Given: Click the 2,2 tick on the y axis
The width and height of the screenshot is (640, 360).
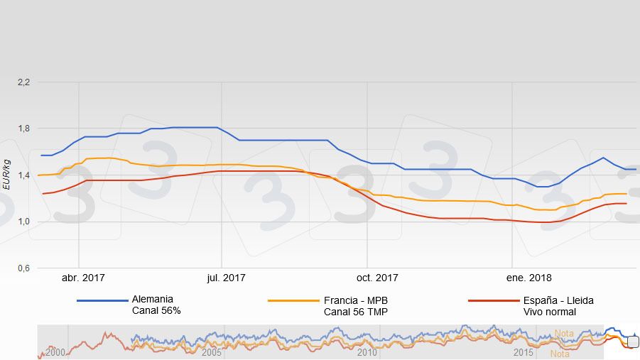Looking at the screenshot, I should click(x=23, y=82).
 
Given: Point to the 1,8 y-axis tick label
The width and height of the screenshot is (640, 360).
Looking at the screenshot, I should click(x=23, y=129).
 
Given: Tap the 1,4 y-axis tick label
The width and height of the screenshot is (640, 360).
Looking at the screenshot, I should click(x=23, y=175).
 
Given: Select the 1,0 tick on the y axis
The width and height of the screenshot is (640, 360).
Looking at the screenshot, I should click(x=23, y=222).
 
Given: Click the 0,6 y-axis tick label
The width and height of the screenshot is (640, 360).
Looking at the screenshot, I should click(x=23, y=268).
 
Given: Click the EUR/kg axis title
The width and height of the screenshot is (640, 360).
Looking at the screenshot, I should click(x=6, y=175).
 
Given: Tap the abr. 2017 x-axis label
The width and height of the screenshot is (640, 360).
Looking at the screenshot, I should click(x=83, y=278).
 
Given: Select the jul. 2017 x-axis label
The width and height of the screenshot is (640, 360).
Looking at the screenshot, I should click(x=226, y=278).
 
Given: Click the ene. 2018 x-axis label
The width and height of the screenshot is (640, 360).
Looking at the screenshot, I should click(x=530, y=278).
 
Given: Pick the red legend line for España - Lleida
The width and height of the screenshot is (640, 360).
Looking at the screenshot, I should click(x=493, y=300).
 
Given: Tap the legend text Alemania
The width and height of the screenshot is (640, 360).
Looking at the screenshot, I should click(x=152, y=300).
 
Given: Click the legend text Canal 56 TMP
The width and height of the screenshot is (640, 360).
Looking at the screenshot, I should click(x=355, y=312).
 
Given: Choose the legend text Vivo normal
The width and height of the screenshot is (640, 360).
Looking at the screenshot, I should click(x=549, y=312).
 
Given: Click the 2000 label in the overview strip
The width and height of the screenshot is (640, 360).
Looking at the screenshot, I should click(x=56, y=352).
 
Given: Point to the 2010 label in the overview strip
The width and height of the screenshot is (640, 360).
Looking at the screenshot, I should click(x=367, y=352).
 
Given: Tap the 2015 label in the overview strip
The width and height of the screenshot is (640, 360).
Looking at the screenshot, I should click(x=524, y=352).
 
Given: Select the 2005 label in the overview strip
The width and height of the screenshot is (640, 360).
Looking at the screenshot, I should click(x=212, y=352).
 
